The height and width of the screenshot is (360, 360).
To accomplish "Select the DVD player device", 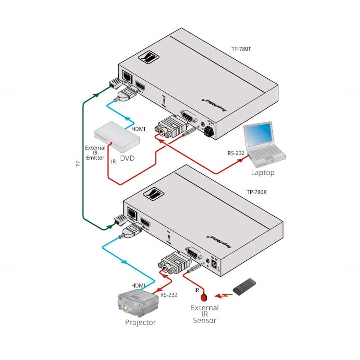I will click(116, 137).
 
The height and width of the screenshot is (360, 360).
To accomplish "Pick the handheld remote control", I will click(245, 287).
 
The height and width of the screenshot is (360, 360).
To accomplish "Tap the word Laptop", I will click(263, 172).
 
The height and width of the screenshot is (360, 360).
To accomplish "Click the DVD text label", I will click(127, 158).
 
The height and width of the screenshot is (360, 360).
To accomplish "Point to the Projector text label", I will click(140, 322).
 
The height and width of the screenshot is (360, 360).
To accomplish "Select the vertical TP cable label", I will click(78, 163).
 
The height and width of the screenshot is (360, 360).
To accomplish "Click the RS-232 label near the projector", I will click(169, 295).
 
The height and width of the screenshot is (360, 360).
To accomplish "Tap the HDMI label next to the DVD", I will click(138, 129).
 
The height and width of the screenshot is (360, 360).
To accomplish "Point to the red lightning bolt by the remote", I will click(222, 295).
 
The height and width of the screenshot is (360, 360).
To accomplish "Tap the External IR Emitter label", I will click(95, 153).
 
